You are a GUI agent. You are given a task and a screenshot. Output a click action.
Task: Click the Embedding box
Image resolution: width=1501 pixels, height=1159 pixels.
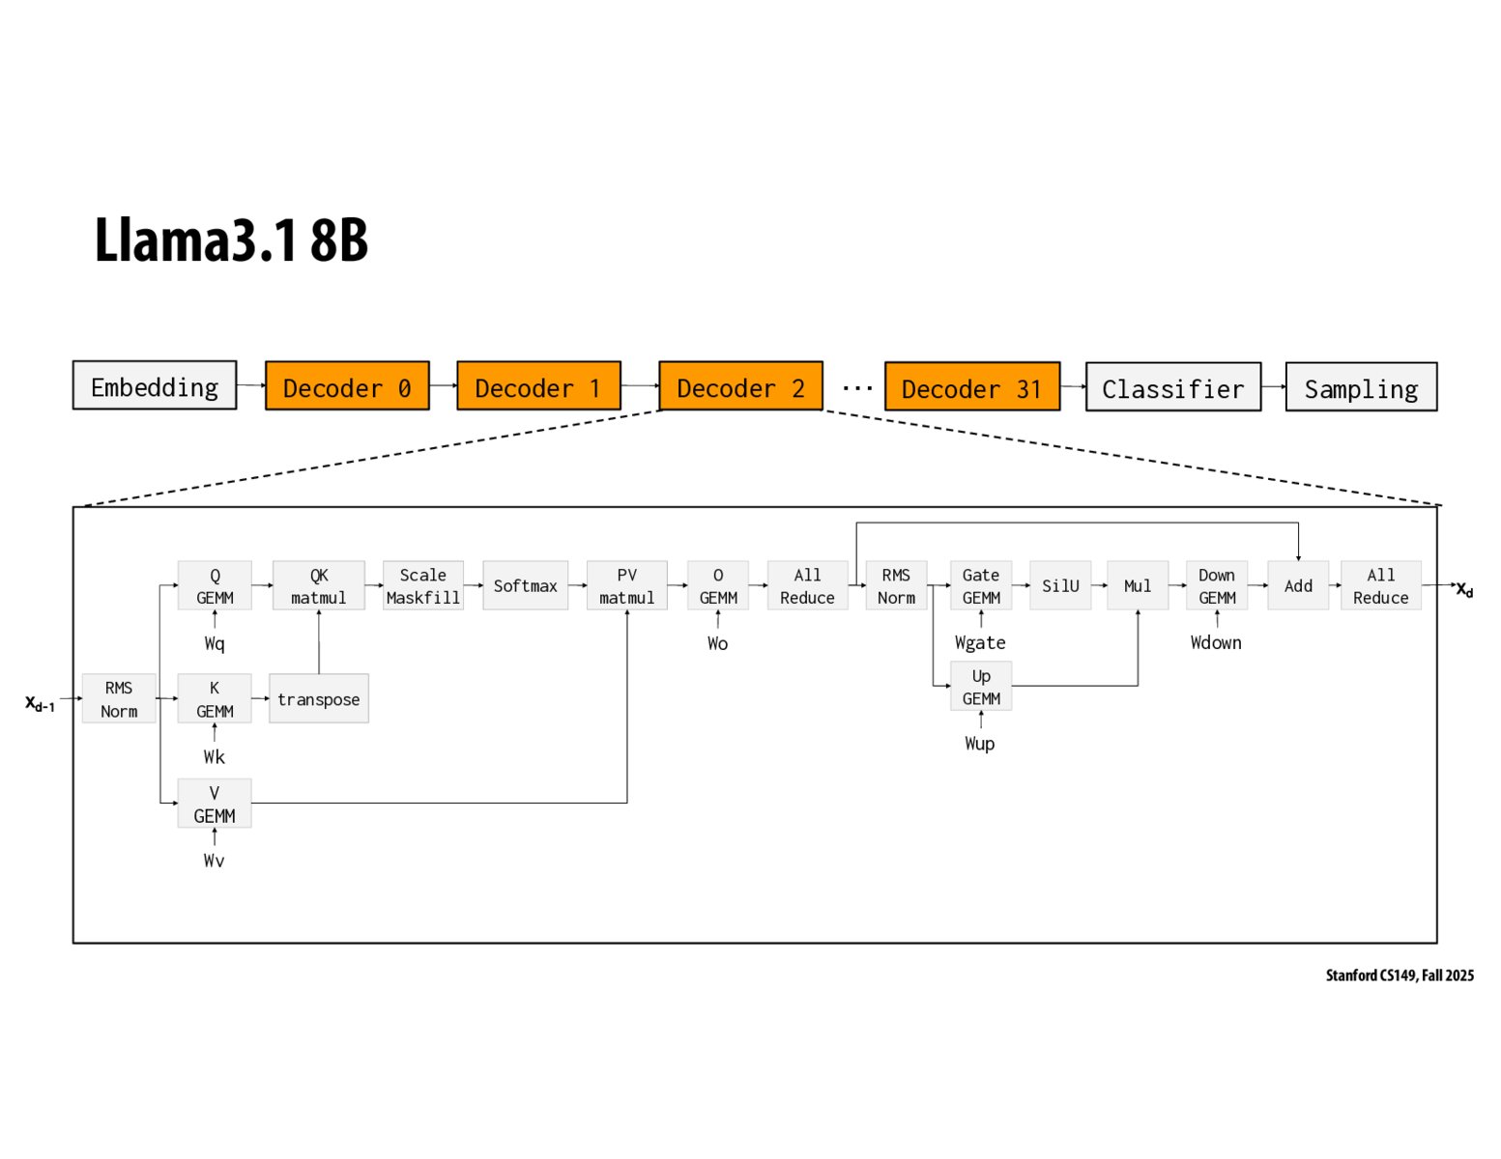coord(155,386)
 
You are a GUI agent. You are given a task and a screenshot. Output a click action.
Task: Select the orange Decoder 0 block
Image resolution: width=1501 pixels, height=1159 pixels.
coord(347,387)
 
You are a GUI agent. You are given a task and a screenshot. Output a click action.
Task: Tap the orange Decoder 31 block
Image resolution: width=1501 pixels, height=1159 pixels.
coord(971,388)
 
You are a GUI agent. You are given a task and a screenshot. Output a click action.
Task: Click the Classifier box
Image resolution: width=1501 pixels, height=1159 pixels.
coord(1172,388)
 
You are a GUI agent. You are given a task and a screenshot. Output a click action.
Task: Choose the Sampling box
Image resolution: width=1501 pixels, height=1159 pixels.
coord(1360,388)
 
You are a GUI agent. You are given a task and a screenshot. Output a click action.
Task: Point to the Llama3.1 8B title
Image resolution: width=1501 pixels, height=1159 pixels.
coord(231,240)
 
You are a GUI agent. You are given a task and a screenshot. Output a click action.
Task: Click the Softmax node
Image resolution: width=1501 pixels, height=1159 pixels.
coord(525,586)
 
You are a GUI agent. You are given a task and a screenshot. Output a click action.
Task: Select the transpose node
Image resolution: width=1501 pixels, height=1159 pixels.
coord(318,699)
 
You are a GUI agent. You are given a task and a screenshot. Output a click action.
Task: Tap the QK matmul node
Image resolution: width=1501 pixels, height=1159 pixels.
coord(318,586)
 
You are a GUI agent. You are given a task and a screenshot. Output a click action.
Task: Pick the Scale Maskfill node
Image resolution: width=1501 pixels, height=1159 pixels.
coord(422,586)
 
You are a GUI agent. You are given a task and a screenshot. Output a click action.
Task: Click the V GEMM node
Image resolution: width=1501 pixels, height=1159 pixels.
coord(214,804)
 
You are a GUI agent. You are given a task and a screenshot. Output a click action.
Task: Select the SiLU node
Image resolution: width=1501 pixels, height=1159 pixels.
coord(1059,586)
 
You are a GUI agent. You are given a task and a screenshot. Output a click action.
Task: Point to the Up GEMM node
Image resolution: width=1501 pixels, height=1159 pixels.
coord(980,687)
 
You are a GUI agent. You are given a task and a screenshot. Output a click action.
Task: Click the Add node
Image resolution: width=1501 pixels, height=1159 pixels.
coord(1297,586)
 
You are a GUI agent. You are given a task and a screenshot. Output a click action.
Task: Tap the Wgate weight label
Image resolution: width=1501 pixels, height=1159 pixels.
coord(980,643)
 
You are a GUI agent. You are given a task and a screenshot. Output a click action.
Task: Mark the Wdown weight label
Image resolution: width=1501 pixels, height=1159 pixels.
coord(1215,643)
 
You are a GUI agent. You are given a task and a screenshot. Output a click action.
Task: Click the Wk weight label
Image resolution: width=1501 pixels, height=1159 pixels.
coord(214,757)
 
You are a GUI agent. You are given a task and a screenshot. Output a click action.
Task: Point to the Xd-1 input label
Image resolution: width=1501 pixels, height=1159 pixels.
coord(40,703)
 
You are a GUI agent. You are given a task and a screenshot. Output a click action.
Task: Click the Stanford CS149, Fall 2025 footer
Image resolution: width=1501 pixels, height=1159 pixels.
coord(1399,975)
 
